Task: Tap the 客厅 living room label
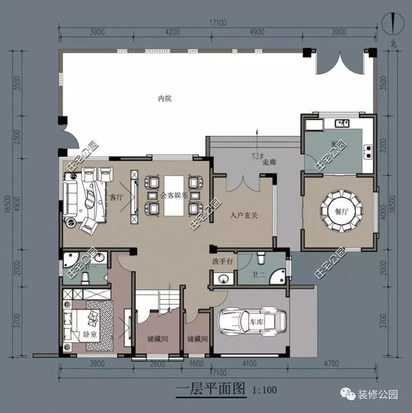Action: (117, 196)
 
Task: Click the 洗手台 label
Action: (221, 261)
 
